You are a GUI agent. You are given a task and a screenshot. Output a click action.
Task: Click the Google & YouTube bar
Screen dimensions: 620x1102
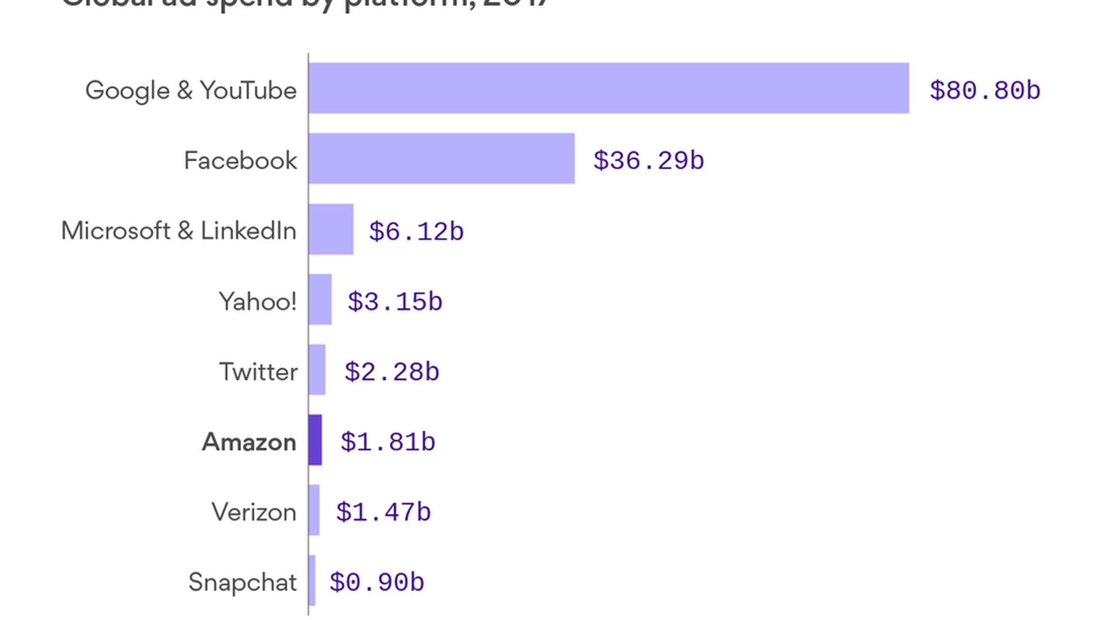608,88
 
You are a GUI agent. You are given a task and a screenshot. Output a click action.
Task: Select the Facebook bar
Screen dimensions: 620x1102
441,158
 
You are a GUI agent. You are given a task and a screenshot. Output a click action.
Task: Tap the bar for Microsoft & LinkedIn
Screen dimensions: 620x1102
331,229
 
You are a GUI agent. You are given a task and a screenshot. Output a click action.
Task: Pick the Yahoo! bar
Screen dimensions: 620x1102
320,299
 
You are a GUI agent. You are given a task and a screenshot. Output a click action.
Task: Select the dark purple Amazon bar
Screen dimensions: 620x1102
315,440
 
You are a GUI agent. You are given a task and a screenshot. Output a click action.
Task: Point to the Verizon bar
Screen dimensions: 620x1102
314,510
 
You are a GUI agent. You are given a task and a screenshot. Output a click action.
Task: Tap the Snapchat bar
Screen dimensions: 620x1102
312,580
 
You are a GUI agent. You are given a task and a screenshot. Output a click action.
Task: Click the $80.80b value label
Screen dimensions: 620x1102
985,90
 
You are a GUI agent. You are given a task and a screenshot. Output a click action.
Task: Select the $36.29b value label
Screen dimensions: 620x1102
649,161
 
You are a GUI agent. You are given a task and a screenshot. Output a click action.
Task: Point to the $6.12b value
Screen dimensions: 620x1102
416,231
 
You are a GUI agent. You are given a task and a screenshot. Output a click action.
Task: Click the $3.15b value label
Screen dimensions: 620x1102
395,301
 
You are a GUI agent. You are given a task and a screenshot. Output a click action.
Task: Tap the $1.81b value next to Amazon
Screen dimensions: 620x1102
388,442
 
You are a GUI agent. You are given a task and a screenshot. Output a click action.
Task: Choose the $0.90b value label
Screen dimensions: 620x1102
377,582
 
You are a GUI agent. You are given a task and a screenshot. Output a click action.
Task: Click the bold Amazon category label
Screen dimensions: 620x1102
249,442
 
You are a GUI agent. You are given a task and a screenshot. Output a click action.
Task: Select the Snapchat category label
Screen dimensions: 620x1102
242,582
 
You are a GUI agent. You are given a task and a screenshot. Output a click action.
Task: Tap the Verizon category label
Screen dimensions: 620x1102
254,512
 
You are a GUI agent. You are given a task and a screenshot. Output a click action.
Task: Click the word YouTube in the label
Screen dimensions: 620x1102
248,90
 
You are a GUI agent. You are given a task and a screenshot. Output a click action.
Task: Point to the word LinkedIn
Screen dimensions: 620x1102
248,231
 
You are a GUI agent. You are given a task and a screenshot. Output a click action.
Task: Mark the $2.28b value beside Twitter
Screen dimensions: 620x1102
392,372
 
